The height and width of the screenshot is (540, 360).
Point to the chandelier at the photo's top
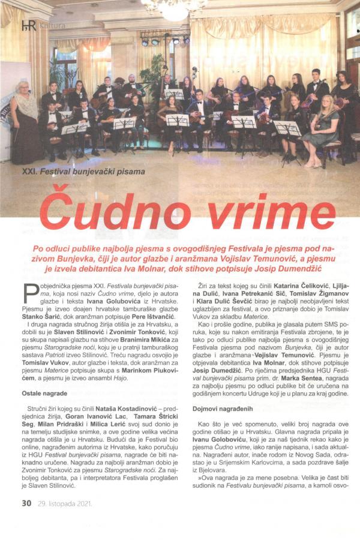click(174, 8)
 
